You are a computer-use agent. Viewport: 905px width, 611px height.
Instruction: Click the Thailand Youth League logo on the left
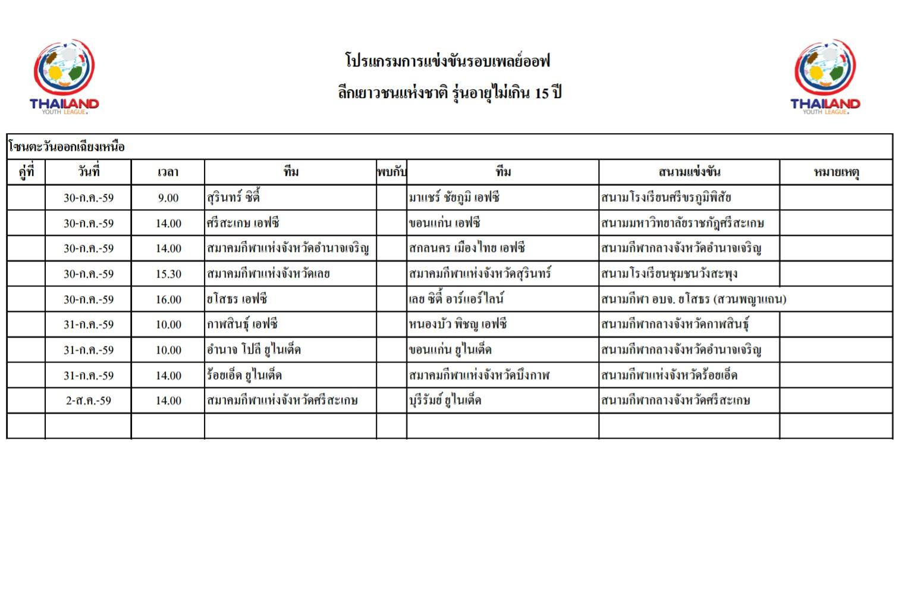point(64,77)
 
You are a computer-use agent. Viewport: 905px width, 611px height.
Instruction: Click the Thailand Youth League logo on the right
point(825,77)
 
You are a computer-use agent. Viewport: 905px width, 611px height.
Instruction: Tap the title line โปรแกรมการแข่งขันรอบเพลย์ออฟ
point(447,61)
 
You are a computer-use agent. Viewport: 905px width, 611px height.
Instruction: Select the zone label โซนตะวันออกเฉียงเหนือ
point(67,147)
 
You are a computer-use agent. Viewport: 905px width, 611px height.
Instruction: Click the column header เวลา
point(168,172)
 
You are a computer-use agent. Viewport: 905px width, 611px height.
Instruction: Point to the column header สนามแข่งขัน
point(689,172)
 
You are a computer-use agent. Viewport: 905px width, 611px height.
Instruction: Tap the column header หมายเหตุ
point(836,172)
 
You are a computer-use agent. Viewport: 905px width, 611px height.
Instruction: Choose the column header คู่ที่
point(26,172)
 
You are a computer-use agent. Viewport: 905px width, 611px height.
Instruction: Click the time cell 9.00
point(168,198)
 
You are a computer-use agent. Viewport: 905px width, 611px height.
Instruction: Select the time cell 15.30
point(168,274)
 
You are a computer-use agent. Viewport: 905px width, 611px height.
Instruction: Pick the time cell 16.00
point(168,300)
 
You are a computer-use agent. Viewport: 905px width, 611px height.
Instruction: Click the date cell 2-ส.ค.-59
point(89,401)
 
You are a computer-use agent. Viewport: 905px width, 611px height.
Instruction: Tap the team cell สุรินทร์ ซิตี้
point(233,197)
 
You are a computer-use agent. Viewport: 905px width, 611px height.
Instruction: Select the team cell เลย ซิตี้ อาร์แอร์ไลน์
point(456,299)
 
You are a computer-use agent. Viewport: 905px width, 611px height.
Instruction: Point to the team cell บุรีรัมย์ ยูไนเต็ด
point(445,401)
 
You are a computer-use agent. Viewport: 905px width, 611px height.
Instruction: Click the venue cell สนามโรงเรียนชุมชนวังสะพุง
point(669,274)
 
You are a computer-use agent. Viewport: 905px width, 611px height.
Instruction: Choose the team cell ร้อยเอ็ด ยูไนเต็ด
point(244,375)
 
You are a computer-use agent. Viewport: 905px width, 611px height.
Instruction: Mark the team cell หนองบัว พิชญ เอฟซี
point(457,325)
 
